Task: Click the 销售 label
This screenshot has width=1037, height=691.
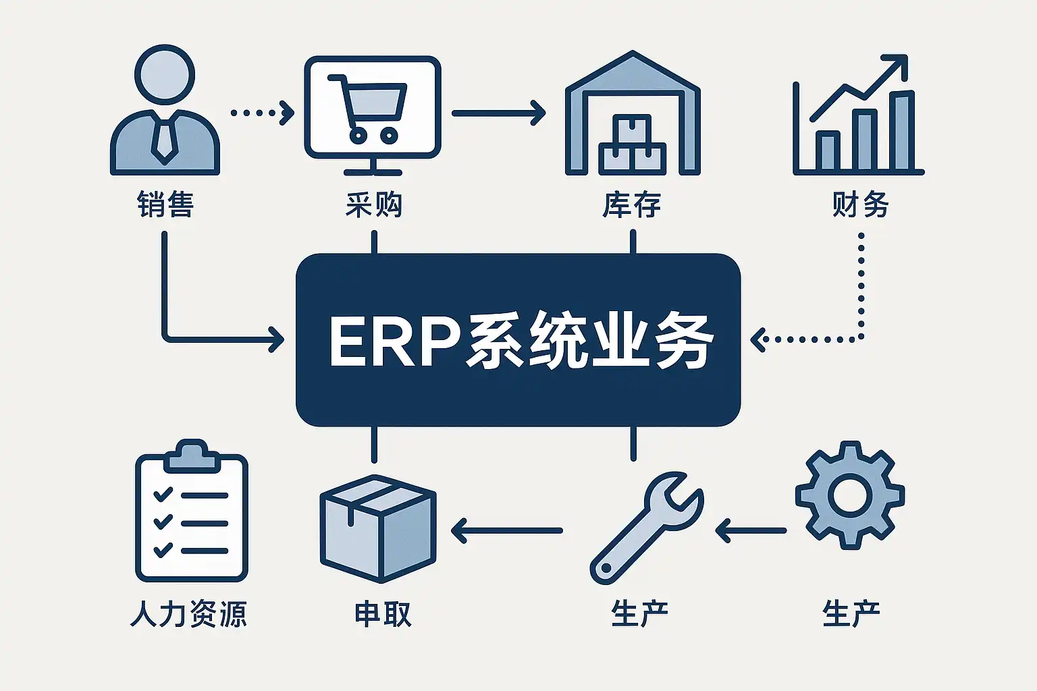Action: [x=165, y=204]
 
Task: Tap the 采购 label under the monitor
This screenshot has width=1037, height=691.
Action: [x=373, y=204]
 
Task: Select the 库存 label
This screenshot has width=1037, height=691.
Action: [x=632, y=204]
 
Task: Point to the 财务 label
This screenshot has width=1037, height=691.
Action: [x=860, y=204]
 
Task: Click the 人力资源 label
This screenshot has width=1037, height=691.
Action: [x=188, y=614]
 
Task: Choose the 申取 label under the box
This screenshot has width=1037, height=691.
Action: [x=383, y=614]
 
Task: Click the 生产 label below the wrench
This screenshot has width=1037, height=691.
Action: [x=639, y=614]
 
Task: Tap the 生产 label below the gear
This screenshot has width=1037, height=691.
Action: [x=851, y=614]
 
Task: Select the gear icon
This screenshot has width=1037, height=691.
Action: [x=849, y=495]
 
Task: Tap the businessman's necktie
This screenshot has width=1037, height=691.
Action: [x=163, y=138]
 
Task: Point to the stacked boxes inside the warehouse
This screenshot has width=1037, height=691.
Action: [x=633, y=145]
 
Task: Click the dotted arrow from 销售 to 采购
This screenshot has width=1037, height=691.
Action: [x=262, y=112]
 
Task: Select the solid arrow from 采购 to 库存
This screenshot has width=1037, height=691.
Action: [x=498, y=113]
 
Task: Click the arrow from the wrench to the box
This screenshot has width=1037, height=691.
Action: [x=506, y=530]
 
